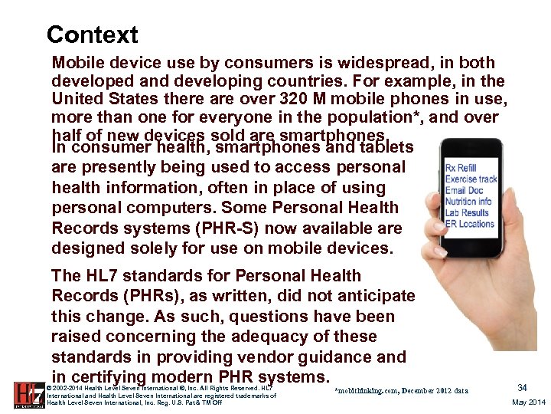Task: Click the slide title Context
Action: [x=92, y=34]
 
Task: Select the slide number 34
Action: [x=523, y=388]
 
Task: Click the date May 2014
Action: [x=528, y=402]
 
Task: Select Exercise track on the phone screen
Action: [x=471, y=179]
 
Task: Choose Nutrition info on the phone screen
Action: [x=468, y=202]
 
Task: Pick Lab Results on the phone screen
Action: [x=467, y=213]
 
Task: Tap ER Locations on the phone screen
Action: [x=470, y=224]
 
